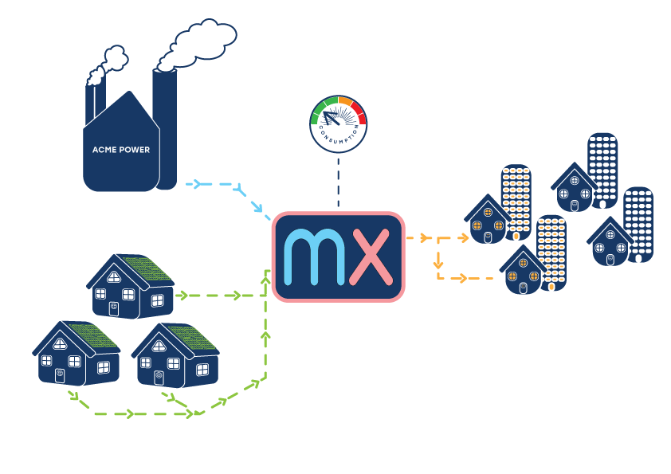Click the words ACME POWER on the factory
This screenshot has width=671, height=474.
pyautogui.click(x=121, y=150)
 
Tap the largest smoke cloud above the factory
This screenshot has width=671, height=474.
pyautogui.click(x=197, y=45)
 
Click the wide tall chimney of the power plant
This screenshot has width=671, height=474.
pyautogui.click(x=165, y=128)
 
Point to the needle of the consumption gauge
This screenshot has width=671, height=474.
pyautogui.click(x=332, y=119)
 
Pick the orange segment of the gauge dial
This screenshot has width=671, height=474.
pyautogui.click(x=345, y=101)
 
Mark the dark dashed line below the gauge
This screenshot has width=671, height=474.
pyautogui.click(x=339, y=182)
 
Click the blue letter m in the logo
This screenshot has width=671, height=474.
pyautogui.click(x=315, y=257)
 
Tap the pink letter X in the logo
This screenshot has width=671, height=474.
pyautogui.click(x=371, y=257)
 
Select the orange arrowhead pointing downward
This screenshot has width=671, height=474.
pyautogui.click(x=438, y=264)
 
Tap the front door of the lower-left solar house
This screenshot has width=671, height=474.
pyautogui.click(x=60, y=375)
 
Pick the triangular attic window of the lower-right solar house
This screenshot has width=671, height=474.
pyautogui.click(x=159, y=346)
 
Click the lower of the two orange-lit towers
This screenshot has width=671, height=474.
pyautogui.click(x=551, y=253)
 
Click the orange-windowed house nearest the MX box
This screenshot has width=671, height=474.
pyautogui.click(x=488, y=221)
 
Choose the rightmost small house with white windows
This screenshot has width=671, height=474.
pyautogui.click(x=610, y=242)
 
